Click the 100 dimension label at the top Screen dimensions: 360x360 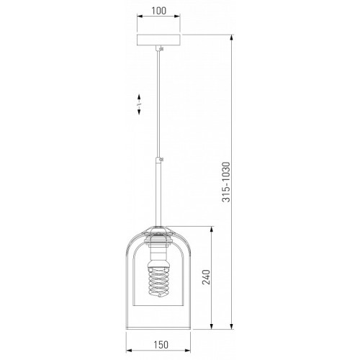158,11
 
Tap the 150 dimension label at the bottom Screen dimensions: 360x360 161,345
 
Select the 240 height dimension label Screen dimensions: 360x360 206,277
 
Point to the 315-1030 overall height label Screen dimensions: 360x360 226,182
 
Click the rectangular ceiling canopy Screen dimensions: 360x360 158,40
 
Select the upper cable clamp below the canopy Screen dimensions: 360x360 160,49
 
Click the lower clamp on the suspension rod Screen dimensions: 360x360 160,160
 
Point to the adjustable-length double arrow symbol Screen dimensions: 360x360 139,104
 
